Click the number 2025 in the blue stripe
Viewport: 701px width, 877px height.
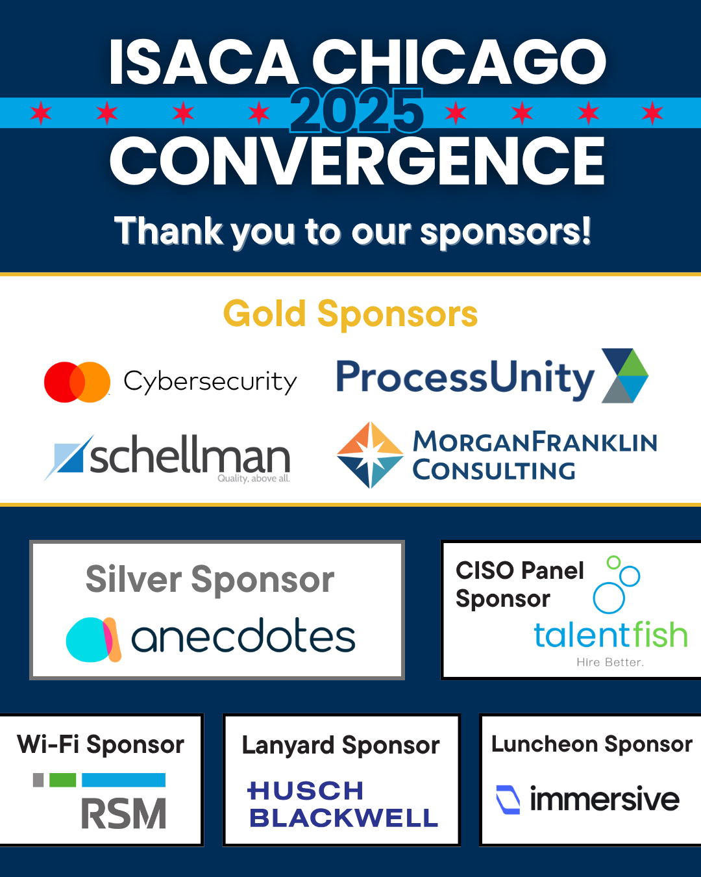click(356, 111)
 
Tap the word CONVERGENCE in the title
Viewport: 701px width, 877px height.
click(357, 161)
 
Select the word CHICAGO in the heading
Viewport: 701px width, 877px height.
click(459, 62)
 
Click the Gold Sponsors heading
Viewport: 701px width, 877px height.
click(350, 313)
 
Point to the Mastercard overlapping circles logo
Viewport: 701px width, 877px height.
click(77, 382)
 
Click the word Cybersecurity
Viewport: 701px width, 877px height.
click(210, 382)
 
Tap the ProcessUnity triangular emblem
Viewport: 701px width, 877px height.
click(625, 375)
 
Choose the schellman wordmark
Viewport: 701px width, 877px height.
click(190, 454)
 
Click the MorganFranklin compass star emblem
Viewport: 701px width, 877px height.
click(370, 455)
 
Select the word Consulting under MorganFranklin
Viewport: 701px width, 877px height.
click(494, 470)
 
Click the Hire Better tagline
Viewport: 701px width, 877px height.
click(609, 662)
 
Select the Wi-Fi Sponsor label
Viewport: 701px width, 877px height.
click(101, 744)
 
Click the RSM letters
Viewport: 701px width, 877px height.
click(124, 814)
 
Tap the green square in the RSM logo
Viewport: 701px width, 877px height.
click(63, 780)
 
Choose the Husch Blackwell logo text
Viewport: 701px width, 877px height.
click(343, 804)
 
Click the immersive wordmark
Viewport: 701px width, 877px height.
click(604, 800)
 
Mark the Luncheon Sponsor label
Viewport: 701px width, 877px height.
click(592, 744)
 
